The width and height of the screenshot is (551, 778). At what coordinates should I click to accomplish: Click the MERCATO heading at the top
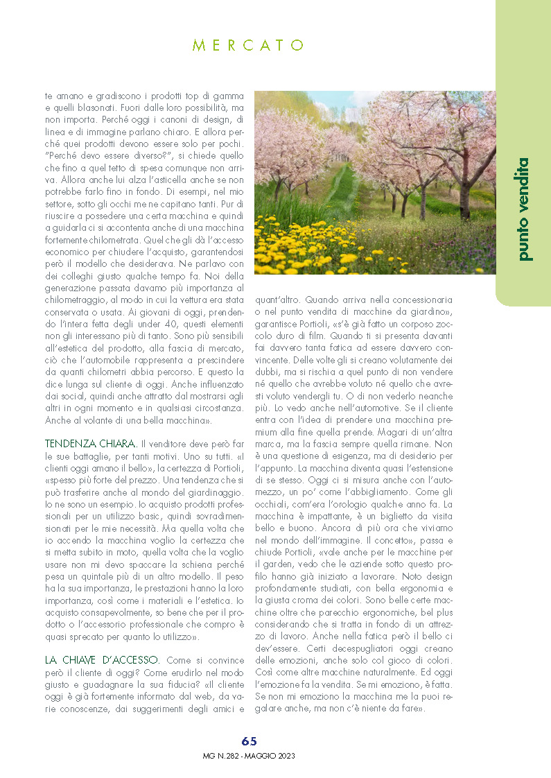point(248,46)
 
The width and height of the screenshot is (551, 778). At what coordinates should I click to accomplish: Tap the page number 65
point(250,741)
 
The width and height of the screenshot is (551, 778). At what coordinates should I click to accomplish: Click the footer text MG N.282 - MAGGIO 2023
point(250,756)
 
